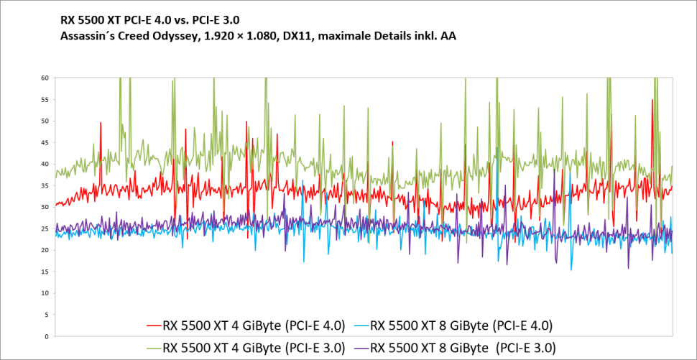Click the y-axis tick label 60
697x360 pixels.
(x=45, y=78)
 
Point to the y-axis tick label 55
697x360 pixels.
(x=45, y=99)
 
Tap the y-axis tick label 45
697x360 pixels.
(x=45, y=142)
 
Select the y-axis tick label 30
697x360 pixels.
(x=45, y=207)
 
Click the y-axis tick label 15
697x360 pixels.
(x=45, y=272)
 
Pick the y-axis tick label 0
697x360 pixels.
(x=47, y=336)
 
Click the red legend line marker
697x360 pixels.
(x=152, y=326)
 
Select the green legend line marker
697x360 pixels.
(x=152, y=347)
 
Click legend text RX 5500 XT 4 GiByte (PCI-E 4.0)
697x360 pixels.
(x=254, y=326)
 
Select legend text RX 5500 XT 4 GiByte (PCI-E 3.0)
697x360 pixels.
(x=254, y=347)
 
